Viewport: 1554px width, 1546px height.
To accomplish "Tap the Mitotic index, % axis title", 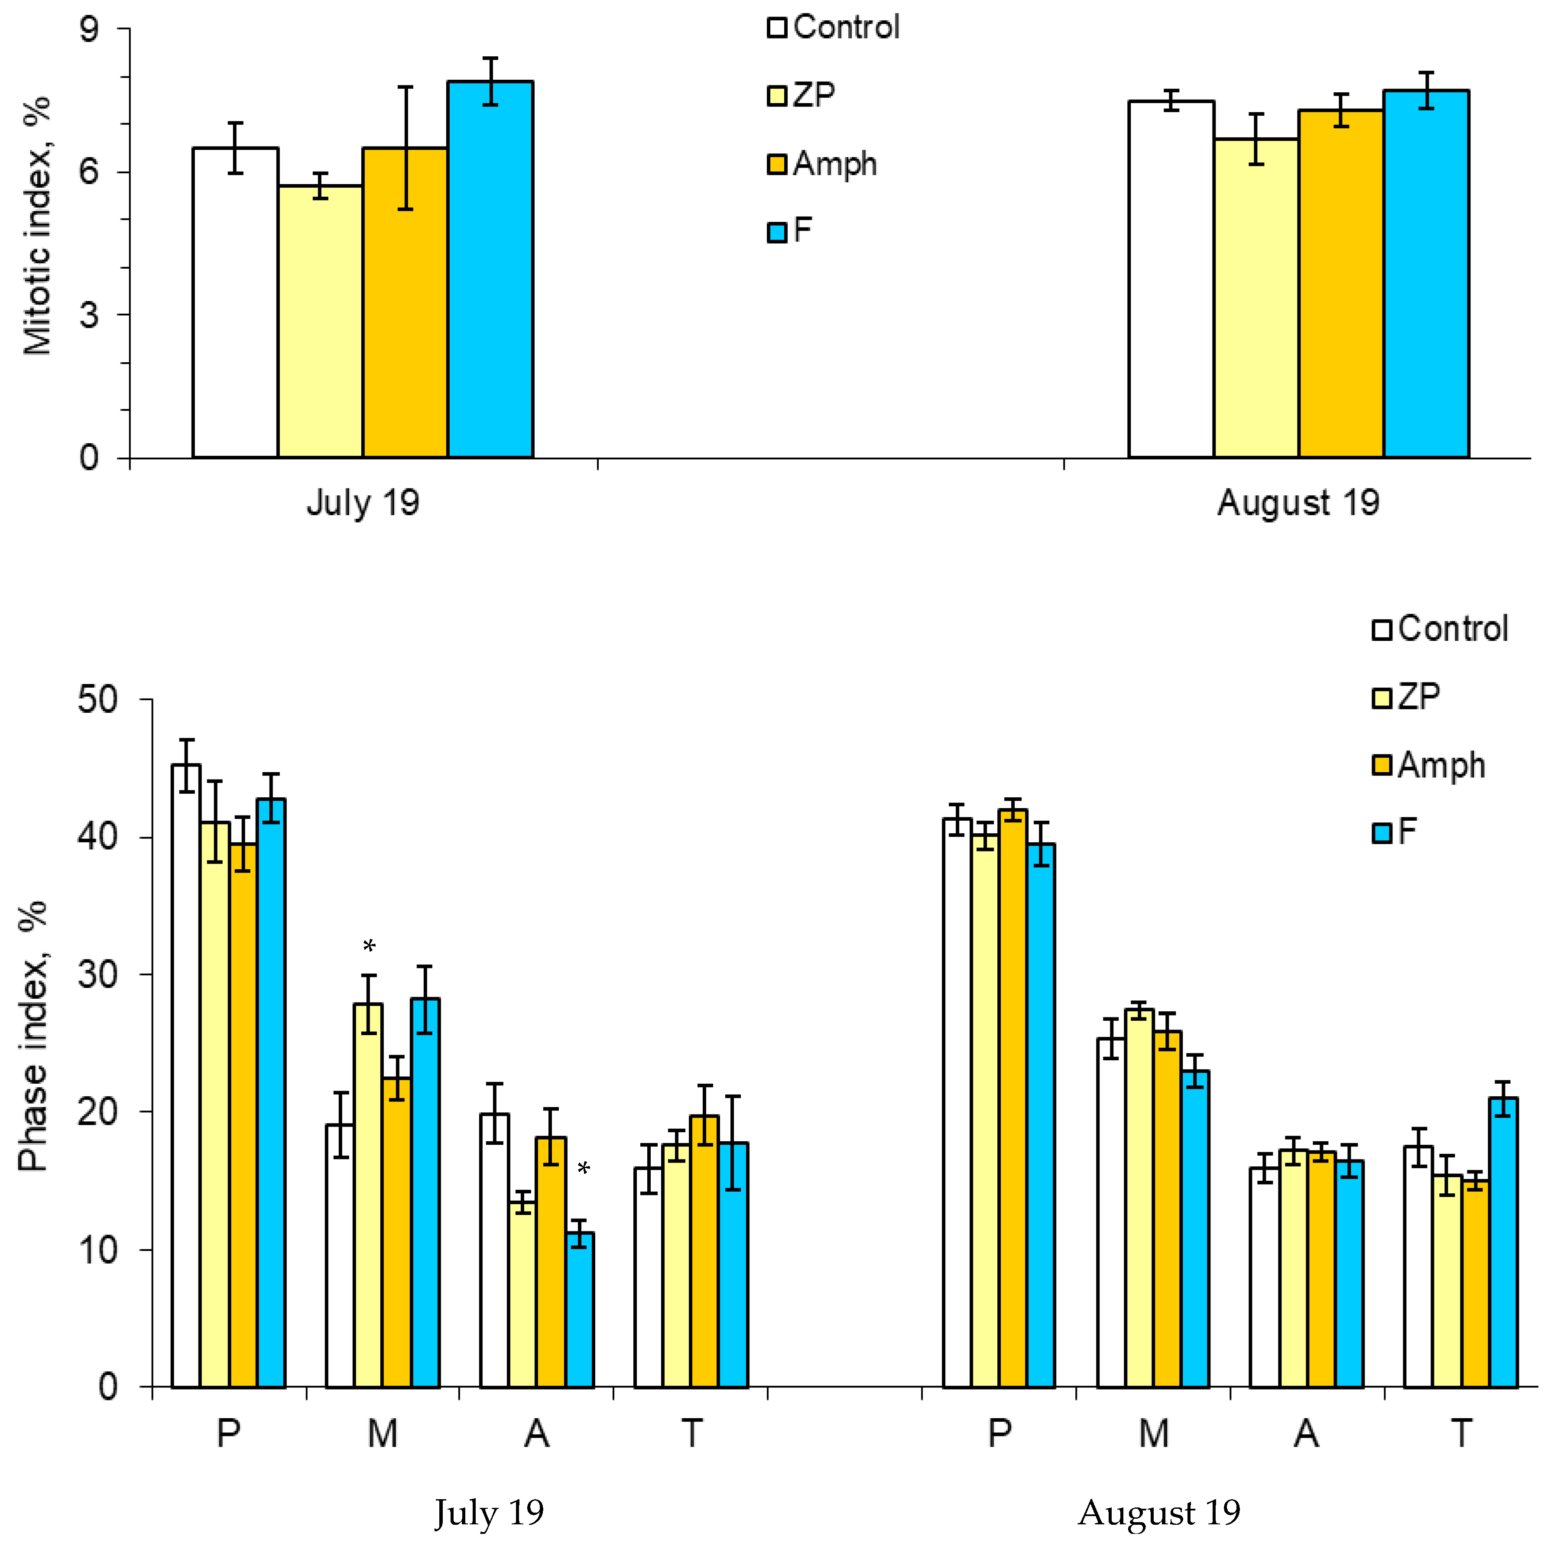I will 36,227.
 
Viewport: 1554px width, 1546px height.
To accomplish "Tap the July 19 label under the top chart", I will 363,503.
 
